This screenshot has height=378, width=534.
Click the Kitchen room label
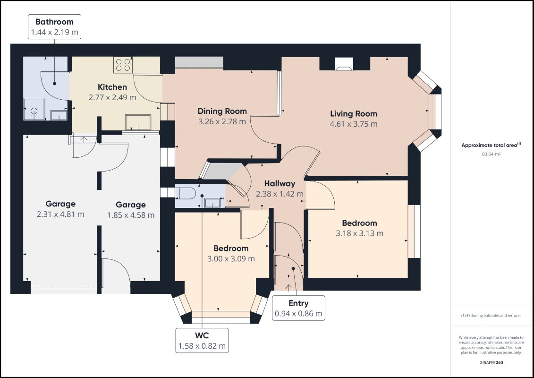[112, 87]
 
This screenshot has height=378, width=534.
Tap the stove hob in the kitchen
[123, 65]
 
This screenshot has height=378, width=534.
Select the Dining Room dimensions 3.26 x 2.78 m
[222, 121]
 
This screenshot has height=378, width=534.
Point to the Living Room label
[354, 114]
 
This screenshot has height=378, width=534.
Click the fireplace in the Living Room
[344, 64]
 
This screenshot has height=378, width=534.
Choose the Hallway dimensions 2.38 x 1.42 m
[280, 194]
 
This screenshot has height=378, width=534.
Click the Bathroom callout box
[54, 26]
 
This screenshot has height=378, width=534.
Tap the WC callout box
[202, 340]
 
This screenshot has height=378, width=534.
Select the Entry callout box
[298, 308]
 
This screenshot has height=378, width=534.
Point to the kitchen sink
[138, 122]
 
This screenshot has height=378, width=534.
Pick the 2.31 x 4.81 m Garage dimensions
[60, 215]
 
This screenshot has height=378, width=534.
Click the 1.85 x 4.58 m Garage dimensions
[131, 215]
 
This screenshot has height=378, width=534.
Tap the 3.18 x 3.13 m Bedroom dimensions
[359, 233]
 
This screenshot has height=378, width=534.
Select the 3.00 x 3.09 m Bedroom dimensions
[231, 259]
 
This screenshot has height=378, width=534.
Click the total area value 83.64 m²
[491, 154]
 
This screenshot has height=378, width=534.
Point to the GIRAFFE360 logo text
[491, 362]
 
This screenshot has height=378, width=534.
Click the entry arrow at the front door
[288, 288]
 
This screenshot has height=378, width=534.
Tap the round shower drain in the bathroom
[34, 111]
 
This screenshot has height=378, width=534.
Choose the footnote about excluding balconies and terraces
[491, 316]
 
